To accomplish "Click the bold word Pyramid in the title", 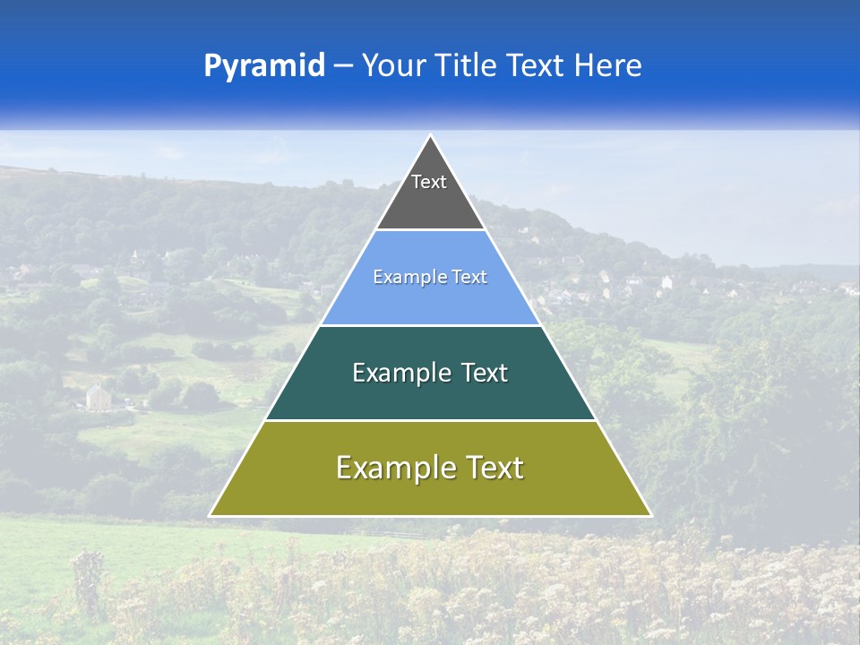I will (264, 65).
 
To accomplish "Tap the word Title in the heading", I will (467, 65).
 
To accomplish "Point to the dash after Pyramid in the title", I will (343, 66).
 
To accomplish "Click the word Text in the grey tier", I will (429, 182).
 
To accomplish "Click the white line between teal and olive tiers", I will (430, 420).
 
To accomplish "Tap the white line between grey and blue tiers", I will (430, 229).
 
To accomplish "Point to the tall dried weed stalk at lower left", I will (87, 582).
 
